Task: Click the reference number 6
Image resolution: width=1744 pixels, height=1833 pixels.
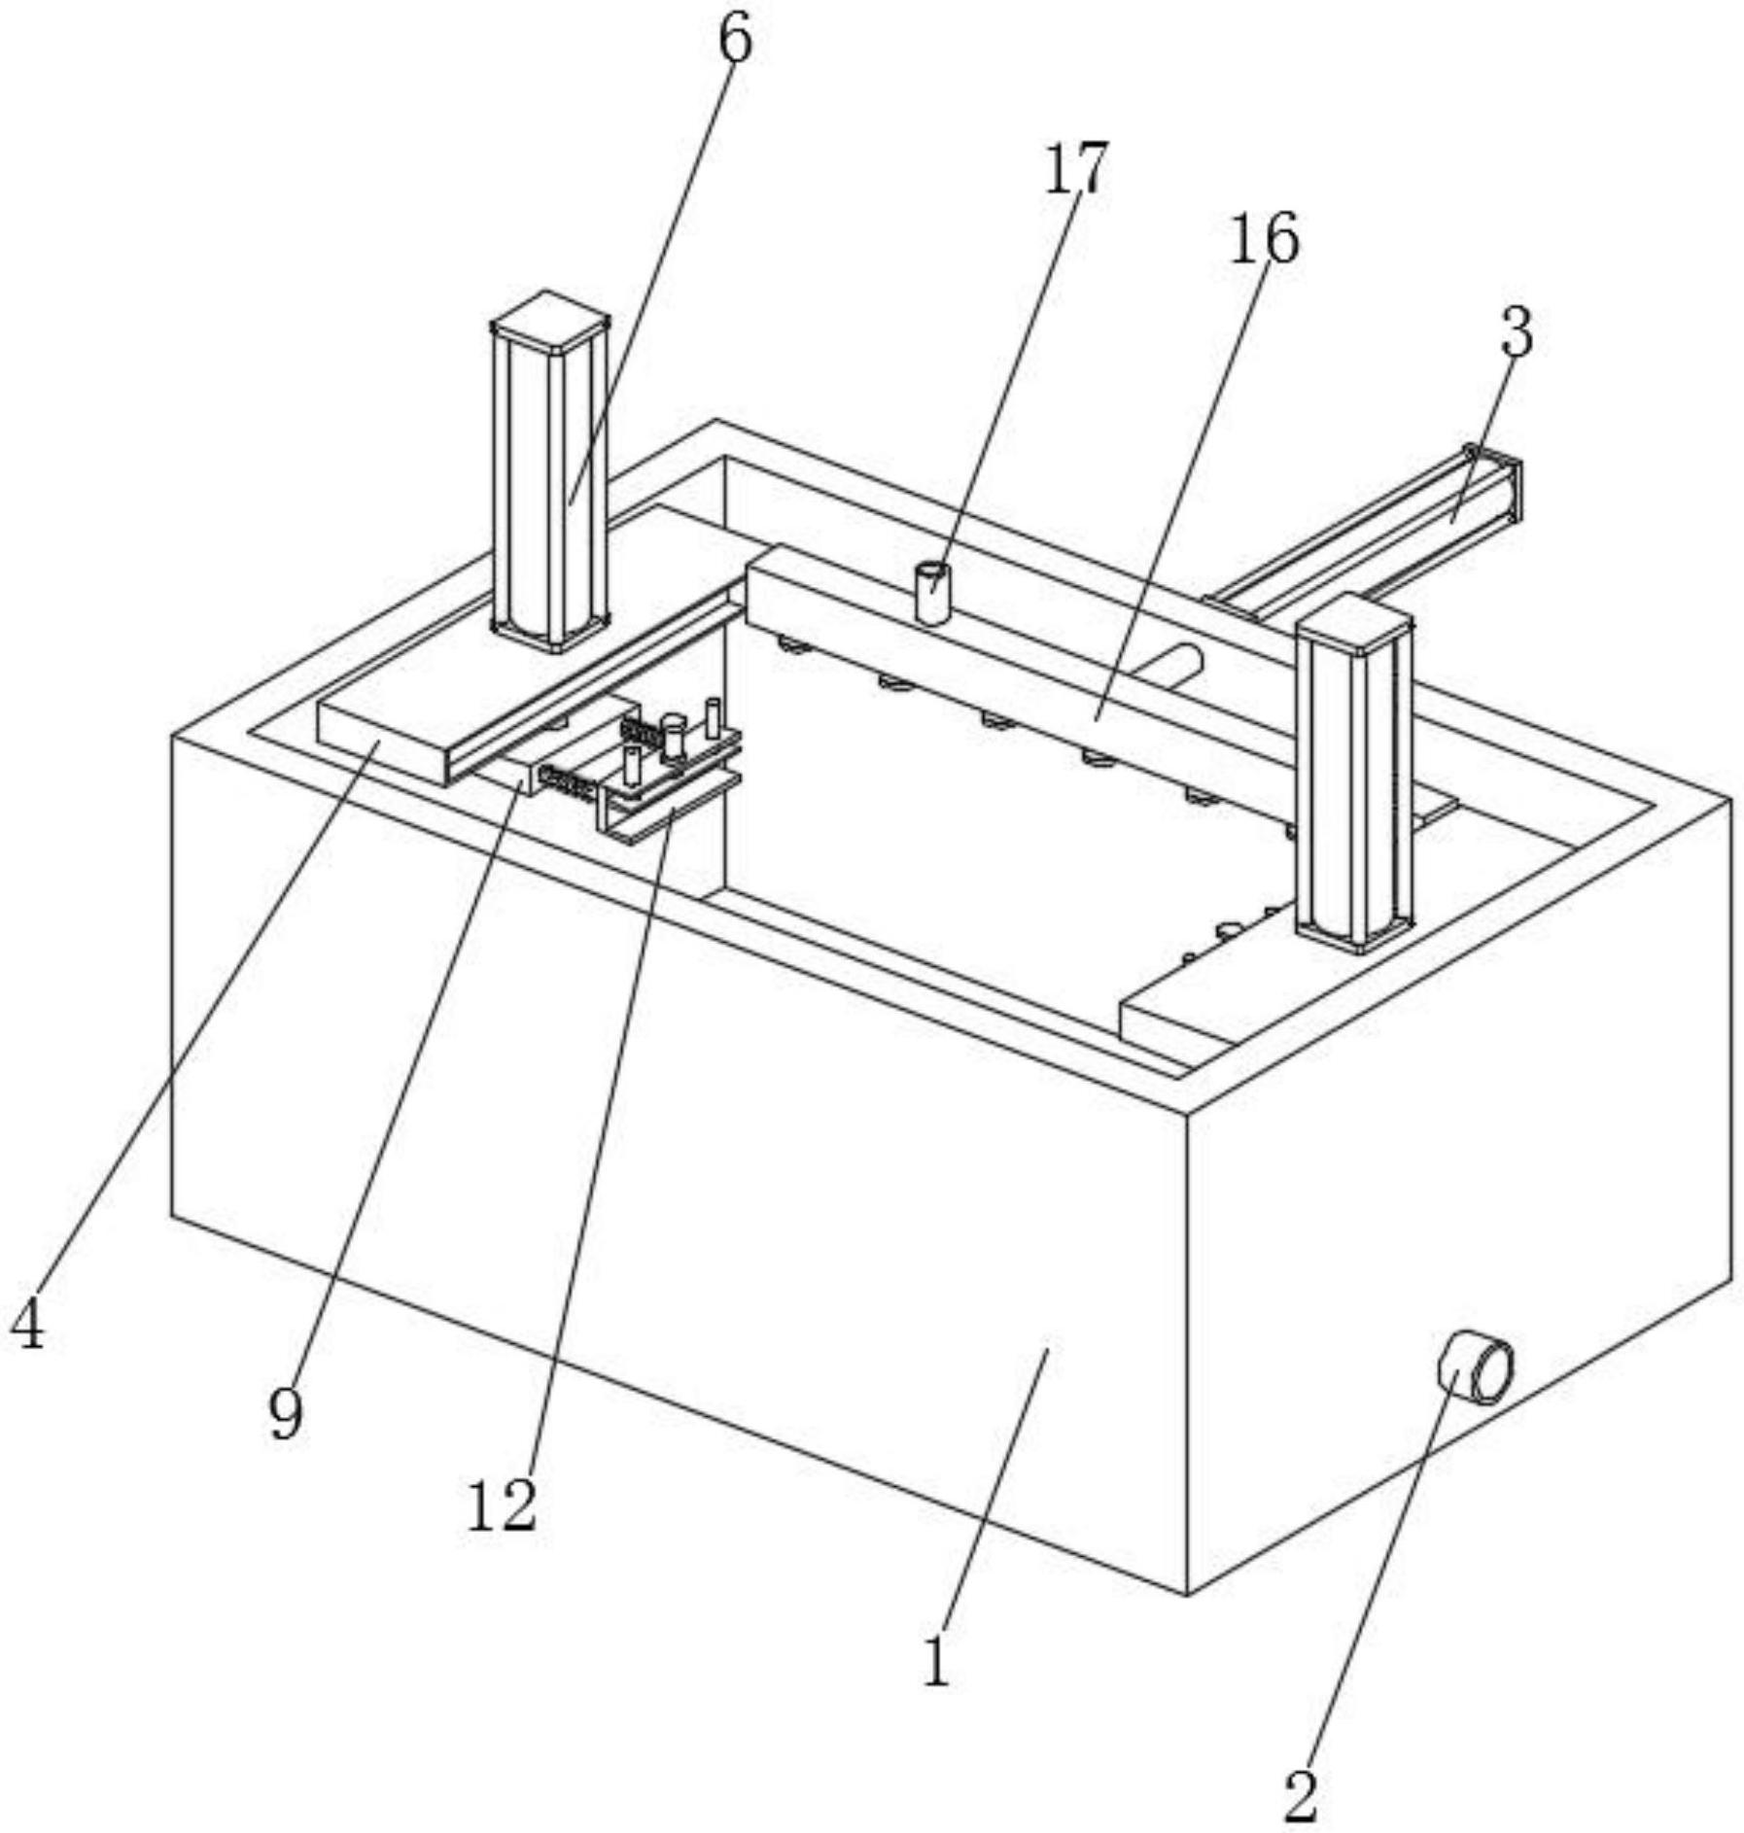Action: coord(735,41)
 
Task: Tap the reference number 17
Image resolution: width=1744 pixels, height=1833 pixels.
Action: coord(1075,167)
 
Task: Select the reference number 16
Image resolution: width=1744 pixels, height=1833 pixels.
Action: coord(1264,238)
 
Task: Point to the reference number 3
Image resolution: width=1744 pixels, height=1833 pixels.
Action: coord(1517,332)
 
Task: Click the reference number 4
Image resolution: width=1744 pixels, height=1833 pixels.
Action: coord(27,1325)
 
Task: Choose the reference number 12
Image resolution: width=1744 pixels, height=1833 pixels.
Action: coord(502,1507)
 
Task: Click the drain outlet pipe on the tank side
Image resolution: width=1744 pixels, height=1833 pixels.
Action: coord(1475,1368)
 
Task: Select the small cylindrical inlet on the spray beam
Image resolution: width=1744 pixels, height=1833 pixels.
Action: coord(932,593)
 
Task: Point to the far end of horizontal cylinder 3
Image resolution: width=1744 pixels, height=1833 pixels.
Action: coord(1495,482)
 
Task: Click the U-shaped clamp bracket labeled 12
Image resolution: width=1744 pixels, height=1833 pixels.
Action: coord(669,808)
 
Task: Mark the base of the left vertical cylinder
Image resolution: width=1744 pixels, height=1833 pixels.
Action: coord(550,632)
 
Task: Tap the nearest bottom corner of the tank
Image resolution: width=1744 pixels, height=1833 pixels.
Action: coord(1187,1595)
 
